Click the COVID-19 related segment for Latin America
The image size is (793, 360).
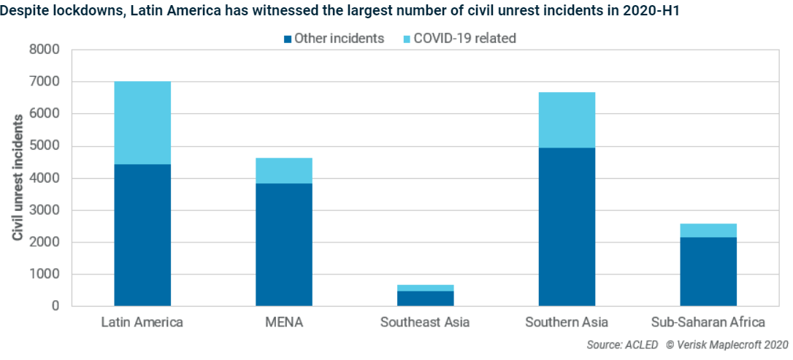click(x=142, y=123)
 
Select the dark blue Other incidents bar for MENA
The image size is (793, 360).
click(x=284, y=244)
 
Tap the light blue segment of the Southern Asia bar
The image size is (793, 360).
click(x=567, y=120)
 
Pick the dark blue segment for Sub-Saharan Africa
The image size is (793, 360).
click(x=708, y=271)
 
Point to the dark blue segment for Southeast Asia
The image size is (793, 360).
click(x=425, y=298)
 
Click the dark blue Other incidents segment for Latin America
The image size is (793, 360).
click(x=142, y=234)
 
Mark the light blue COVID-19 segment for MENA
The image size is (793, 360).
click(x=284, y=170)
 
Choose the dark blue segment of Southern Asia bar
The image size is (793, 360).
click(x=567, y=226)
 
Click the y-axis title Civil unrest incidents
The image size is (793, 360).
click(x=18, y=177)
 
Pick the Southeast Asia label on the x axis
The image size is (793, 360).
click(x=425, y=322)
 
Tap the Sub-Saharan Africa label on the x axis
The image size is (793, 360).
click(x=708, y=322)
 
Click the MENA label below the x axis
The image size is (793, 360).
click(x=284, y=322)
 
